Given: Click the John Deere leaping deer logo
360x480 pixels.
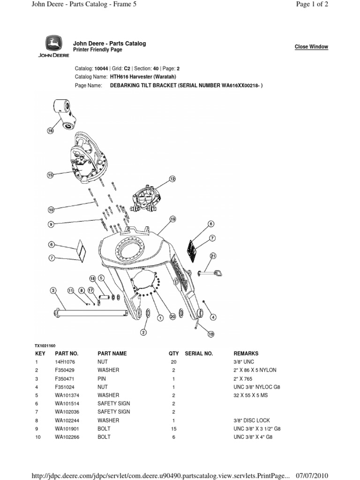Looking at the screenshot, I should coord(57,45).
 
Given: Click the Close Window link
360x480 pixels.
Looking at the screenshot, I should coord(311,47).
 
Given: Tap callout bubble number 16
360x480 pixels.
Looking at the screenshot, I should coord(51,131).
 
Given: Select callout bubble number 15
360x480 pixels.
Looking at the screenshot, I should coord(51,175).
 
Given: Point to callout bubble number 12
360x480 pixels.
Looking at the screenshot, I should coord(172,179).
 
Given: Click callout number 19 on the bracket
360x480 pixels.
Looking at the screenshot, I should coord(172,219).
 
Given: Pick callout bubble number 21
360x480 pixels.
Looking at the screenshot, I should coord(213,255).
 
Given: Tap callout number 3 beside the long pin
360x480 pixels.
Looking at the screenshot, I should coord(53,291).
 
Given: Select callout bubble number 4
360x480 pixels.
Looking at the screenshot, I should coord(213,317).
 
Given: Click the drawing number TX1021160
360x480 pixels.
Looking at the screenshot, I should coord(45,345).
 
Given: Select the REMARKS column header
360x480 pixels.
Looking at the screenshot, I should coord(246,353).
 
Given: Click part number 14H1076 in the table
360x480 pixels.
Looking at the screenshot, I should coord(64,362).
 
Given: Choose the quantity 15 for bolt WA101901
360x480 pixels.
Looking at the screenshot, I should coord(173,429).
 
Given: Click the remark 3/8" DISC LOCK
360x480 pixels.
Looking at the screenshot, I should coord(252,420).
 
